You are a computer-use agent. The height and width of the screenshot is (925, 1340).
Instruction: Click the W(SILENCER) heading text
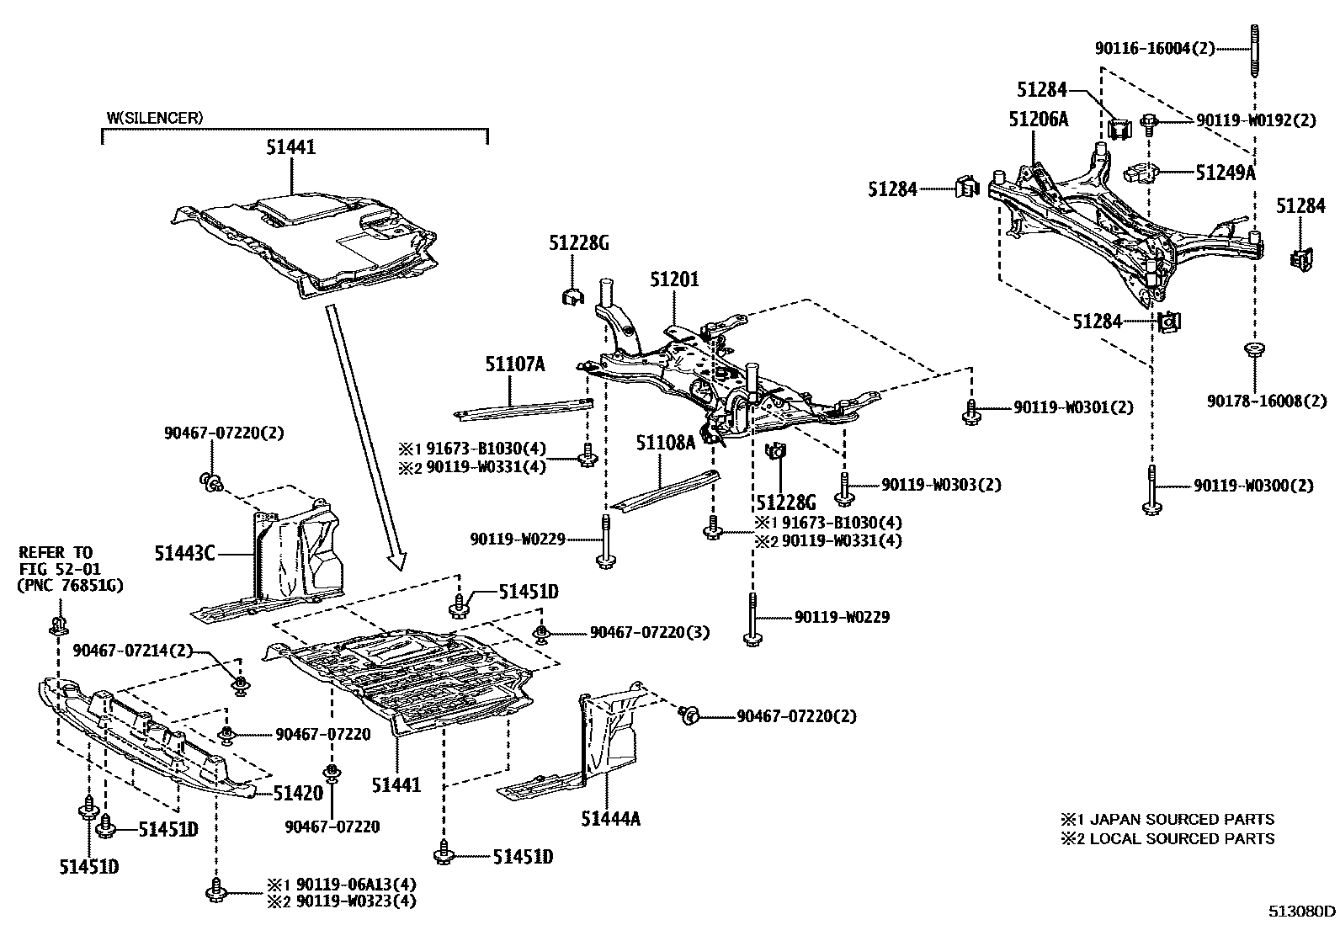(x=154, y=118)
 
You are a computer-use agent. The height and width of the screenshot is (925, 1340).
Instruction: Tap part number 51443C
(x=184, y=553)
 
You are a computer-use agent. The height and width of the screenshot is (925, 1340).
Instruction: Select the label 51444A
(x=610, y=816)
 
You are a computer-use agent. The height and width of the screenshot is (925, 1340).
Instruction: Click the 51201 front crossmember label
(x=674, y=279)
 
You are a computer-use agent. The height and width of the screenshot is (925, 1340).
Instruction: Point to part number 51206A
(x=1038, y=120)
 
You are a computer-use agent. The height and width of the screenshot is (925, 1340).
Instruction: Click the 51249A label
(x=1225, y=173)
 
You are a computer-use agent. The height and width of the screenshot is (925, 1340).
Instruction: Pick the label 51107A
(x=514, y=364)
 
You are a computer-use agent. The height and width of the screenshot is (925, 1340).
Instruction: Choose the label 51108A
(x=665, y=442)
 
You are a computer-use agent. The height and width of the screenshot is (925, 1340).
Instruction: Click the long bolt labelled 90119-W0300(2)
(x=1151, y=490)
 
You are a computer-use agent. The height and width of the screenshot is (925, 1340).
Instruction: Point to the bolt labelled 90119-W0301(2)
(x=970, y=410)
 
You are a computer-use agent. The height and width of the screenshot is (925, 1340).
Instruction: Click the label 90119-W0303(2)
(x=941, y=485)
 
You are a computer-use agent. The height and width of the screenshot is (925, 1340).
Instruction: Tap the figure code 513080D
(x=1302, y=912)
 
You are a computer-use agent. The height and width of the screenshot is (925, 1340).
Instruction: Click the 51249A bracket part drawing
(x=1141, y=173)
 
